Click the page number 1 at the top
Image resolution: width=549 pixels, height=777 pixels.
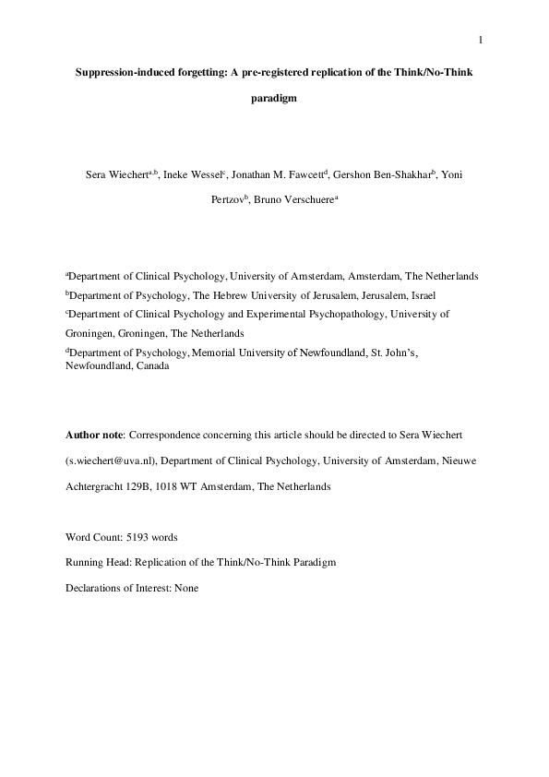click(x=481, y=39)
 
